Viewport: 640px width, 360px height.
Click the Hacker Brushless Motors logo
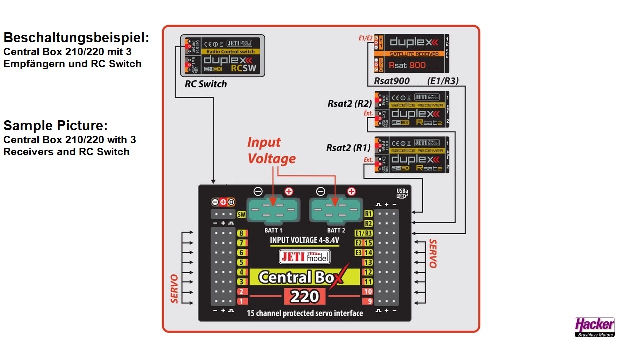(594, 327)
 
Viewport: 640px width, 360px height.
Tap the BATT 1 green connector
(273, 209)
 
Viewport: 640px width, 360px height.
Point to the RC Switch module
(222, 55)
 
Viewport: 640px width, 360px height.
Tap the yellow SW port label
(242, 215)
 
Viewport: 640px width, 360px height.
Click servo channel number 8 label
(242, 234)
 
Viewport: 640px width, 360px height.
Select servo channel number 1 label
(242, 301)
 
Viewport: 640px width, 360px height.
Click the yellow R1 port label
(369, 214)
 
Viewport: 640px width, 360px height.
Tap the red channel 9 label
(368, 301)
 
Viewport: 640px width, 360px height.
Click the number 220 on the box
(305, 296)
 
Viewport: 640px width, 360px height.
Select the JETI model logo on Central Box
(305, 257)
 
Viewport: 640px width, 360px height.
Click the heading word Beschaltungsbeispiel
(76, 38)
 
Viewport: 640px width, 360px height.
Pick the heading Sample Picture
(55, 125)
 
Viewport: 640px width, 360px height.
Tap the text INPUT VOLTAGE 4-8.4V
(305, 240)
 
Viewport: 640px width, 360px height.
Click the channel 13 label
(368, 262)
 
